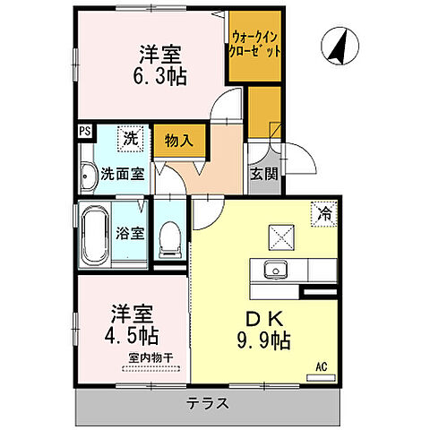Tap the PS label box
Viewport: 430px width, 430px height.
[x=84, y=131]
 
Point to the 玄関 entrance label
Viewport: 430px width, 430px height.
[x=262, y=173]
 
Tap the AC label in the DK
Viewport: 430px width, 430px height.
[x=321, y=365]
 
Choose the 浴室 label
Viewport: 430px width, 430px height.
[x=131, y=234]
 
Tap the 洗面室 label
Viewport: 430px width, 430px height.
[x=122, y=175]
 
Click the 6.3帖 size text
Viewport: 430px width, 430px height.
[x=162, y=76]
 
